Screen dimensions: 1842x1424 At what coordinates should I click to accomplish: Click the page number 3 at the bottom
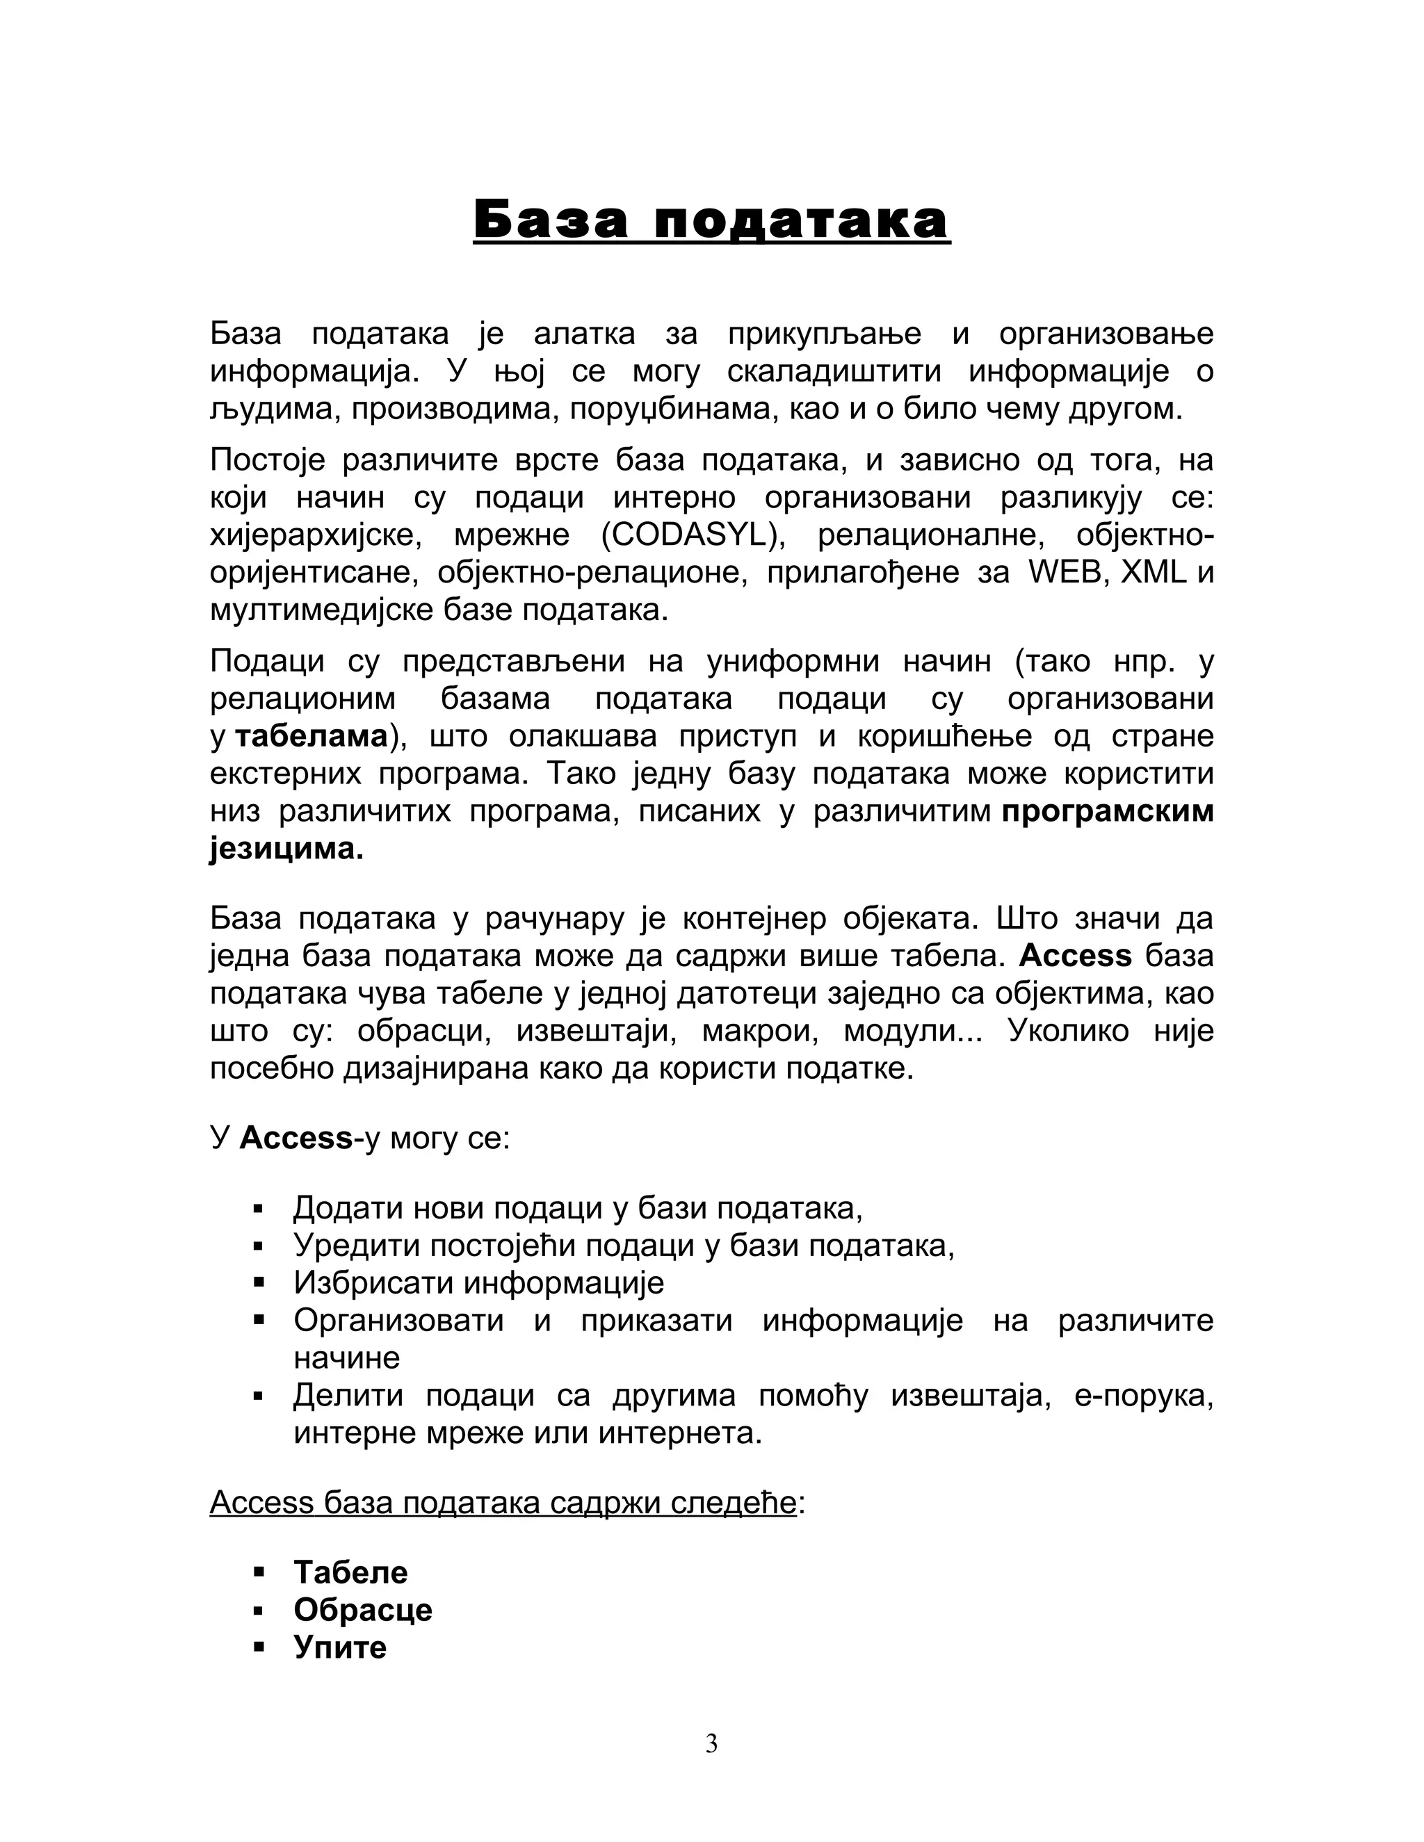(x=711, y=1743)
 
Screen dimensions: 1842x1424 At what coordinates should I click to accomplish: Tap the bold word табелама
(x=310, y=736)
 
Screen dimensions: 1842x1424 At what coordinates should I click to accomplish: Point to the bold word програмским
(x=1107, y=811)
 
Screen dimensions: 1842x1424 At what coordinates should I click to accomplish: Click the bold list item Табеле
(x=350, y=1572)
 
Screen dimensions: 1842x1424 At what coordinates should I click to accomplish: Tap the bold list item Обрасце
(x=363, y=1609)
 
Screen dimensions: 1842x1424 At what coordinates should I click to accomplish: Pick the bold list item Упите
(x=340, y=1646)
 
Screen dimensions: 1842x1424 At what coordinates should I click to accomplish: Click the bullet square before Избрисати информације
(x=259, y=1283)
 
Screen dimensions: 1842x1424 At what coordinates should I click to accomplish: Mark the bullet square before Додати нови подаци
(x=259, y=1209)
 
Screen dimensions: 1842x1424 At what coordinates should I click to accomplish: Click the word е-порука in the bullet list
(x=1143, y=1396)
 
